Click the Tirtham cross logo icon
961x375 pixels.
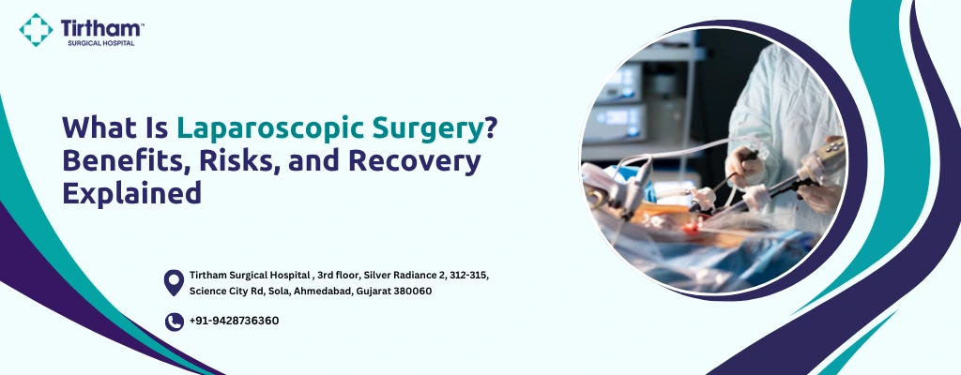pos(36,29)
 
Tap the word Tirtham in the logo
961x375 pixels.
pos(99,28)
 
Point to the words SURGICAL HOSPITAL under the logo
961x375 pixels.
pos(100,43)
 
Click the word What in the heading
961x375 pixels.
pos(97,127)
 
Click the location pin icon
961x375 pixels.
pos(174,283)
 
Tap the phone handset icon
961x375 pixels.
pos(174,322)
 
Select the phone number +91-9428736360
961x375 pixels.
pos(234,321)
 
